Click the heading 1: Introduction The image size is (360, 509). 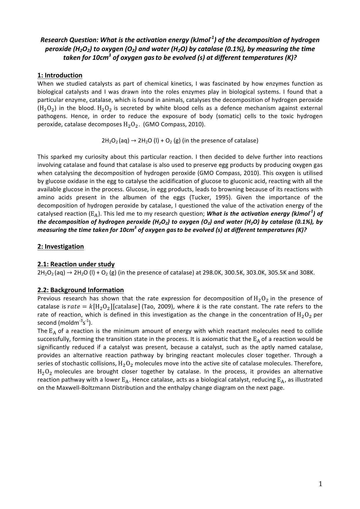(x=60, y=75)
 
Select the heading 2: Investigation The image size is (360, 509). (x=61, y=247)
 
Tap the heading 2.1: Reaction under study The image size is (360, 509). (x=76, y=264)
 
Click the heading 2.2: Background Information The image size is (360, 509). (x=81, y=290)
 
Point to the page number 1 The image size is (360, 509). (x=320, y=484)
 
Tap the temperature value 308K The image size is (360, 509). (x=307, y=273)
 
